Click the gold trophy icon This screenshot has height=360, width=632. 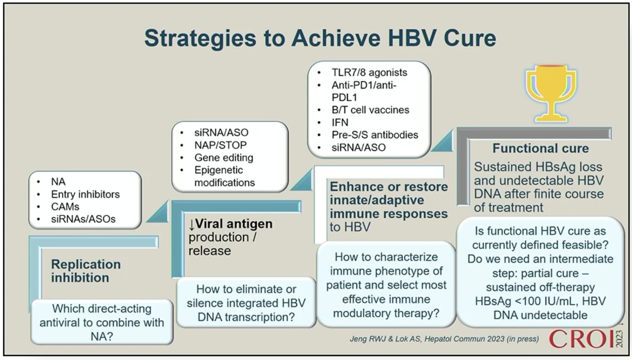tap(551, 93)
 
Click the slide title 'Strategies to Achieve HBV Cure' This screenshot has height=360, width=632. tap(320, 38)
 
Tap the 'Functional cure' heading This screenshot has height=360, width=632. tap(541, 148)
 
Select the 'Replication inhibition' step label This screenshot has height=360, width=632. tap(86, 271)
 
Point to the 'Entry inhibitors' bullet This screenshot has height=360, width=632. tap(85, 194)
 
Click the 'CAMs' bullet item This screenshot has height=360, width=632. tap(65, 207)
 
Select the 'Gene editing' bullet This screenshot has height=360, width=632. tap(224, 158)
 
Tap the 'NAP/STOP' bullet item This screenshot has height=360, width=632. tap(220, 145)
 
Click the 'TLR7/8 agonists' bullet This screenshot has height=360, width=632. tap(369, 72)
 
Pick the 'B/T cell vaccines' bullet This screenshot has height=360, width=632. tap(370, 110)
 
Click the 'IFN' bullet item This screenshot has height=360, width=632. tap(340, 122)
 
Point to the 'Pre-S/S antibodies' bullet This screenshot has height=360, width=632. tap(375, 135)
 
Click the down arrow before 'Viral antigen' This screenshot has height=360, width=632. tap(192, 225)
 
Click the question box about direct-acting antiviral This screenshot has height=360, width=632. tap(102, 322)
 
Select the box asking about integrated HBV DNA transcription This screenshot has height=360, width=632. tap(246, 303)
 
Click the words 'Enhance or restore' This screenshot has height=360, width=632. tap(389, 186)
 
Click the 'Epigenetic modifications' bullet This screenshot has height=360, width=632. tap(225, 176)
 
